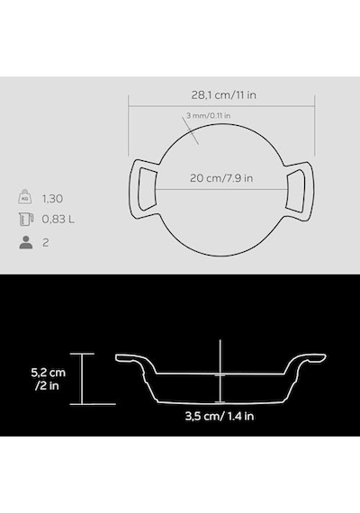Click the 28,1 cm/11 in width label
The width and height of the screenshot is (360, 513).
click(x=223, y=95)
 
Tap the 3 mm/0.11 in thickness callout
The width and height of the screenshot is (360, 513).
click(x=209, y=115)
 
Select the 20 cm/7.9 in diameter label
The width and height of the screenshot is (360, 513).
click(x=221, y=178)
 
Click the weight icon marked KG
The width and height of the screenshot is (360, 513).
click(x=25, y=197)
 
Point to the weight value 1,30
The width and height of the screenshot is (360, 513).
click(x=52, y=199)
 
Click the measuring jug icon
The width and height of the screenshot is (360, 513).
click(x=26, y=219)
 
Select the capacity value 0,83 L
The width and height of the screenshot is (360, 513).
click(x=58, y=220)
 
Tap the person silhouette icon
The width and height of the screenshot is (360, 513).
click(x=26, y=242)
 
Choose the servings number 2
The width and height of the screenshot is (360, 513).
click(x=46, y=243)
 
